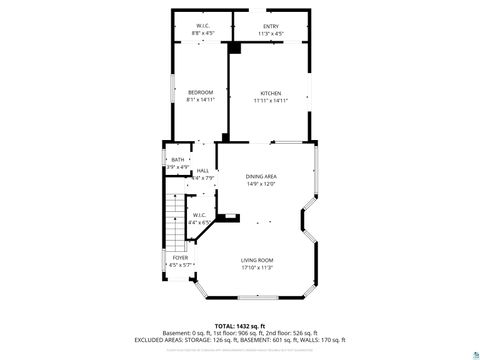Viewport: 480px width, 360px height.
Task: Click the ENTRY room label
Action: (x=271, y=26)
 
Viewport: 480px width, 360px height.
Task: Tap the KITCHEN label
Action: (x=270, y=93)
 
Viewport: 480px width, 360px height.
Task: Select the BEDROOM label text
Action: (x=201, y=93)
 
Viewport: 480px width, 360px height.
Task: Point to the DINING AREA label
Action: (x=261, y=177)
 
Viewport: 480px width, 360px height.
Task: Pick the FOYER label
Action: (x=180, y=257)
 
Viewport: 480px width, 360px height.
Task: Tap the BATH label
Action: (x=178, y=160)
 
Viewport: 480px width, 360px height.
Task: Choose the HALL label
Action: (x=202, y=171)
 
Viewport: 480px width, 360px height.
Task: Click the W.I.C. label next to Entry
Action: (x=202, y=26)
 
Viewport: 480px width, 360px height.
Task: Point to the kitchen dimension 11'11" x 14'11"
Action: (x=270, y=101)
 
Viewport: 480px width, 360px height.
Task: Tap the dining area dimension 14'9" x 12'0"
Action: (x=261, y=184)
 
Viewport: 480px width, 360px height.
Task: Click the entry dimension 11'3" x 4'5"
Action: (x=271, y=34)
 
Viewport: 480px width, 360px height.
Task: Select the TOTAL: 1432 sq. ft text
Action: (x=239, y=326)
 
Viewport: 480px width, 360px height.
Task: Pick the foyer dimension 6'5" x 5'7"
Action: (x=180, y=265)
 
